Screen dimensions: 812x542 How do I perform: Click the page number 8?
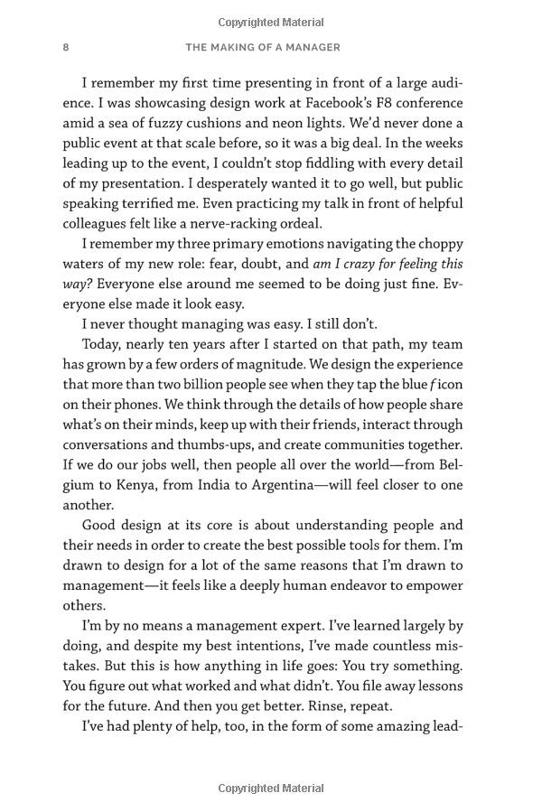66,47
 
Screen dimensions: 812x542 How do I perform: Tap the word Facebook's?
341,103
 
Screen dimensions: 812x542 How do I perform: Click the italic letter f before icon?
434,384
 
